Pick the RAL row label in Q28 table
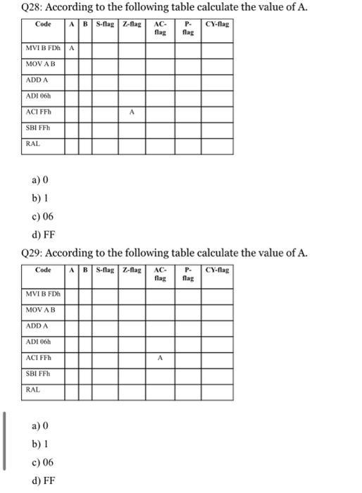click(33, 143)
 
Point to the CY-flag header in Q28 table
click(218, 25)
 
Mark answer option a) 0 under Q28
click(39, 180)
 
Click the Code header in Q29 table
click(44, 270)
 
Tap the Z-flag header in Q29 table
click(131, 270)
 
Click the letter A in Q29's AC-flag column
click(160, 357)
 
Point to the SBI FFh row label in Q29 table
click(39, 373)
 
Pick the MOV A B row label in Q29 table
click(40, 310)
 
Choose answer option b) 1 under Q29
click(38, 444)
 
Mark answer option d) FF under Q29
click(41, 482)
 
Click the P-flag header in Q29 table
click(187, 274)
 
